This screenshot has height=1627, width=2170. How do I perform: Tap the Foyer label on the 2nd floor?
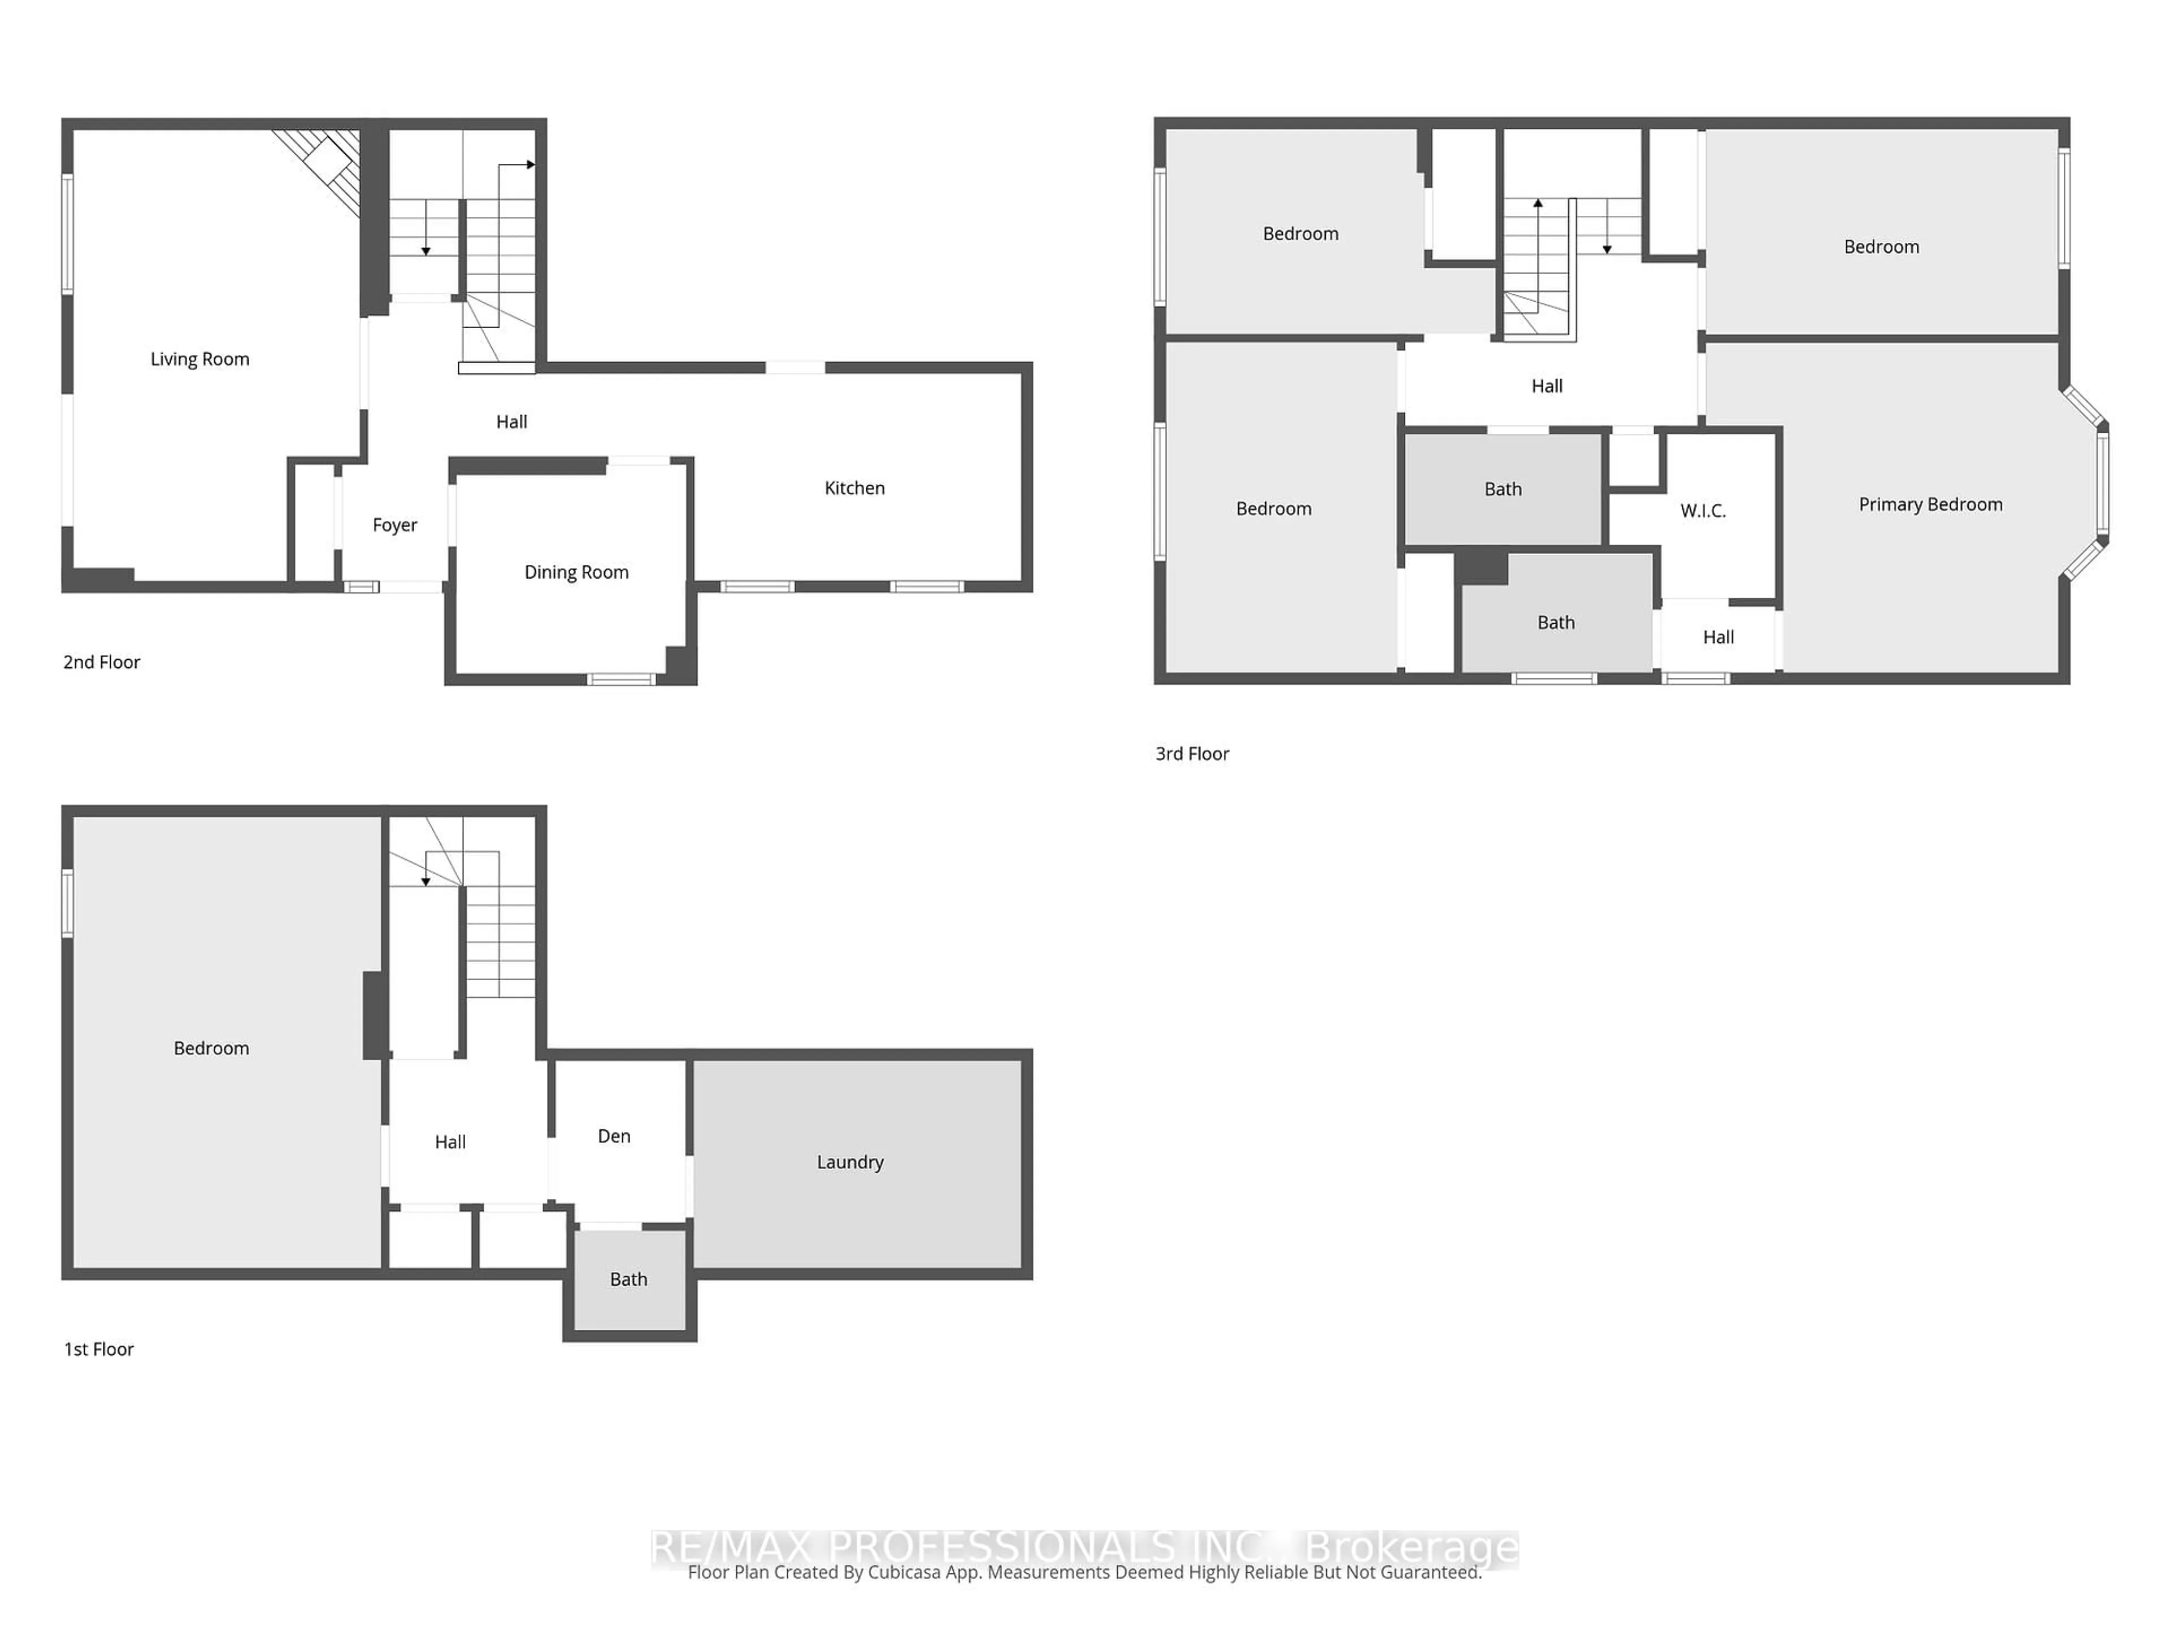pos(394,525)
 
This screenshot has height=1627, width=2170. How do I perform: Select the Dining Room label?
pos(576,572)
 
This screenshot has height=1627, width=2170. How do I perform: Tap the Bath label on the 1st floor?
pos(628,1279)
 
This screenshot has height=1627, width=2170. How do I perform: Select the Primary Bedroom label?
pos(1930,504)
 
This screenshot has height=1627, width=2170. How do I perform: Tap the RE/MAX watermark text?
pos(912,1547)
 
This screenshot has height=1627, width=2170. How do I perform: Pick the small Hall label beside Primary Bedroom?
pos(1718,637)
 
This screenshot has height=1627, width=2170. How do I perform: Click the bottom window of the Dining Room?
pos(621,678)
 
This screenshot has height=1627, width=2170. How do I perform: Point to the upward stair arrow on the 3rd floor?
pos(1538,204)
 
